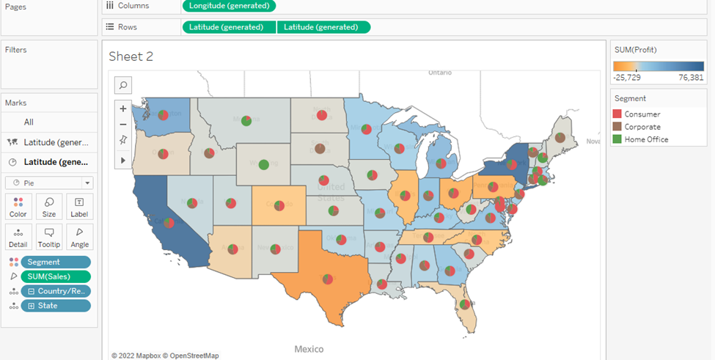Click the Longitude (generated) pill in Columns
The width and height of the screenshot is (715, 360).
[229, 6]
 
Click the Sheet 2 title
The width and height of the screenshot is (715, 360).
[131, 56]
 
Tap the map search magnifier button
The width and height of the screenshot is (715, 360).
[123, 85]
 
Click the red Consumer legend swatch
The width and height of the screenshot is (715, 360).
[617, 114]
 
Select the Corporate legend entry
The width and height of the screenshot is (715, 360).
[642, 127]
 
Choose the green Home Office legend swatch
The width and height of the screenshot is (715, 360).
[617, 139]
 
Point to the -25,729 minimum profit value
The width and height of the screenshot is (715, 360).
[628, 77]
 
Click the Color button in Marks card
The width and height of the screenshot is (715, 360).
[18, 207]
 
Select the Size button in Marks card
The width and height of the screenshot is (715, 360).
[49, 207]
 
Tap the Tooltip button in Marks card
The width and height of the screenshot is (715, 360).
[49, 237]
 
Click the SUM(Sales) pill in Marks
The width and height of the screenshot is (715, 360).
[56, 276]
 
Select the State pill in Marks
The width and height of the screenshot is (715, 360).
[56, 306]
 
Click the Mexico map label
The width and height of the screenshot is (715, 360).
[309, 349]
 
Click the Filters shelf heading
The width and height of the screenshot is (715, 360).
[15, 50]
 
